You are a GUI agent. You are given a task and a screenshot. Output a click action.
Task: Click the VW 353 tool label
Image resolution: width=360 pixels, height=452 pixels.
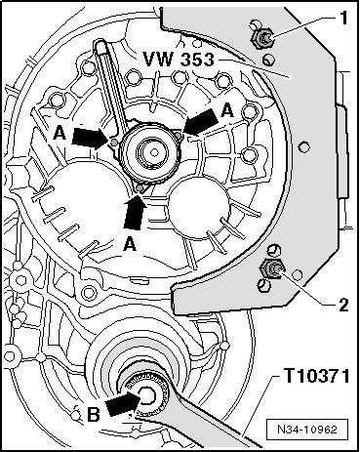pos(179,60)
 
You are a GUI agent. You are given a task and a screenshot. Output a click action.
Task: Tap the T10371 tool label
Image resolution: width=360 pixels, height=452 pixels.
pos(317,376)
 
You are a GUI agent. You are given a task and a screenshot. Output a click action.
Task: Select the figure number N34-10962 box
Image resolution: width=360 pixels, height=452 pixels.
pos(307,430)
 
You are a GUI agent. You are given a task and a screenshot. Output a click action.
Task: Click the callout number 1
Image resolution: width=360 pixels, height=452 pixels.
pos(342,18)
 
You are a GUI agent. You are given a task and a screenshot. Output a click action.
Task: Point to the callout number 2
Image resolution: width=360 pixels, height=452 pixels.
pos(343,305)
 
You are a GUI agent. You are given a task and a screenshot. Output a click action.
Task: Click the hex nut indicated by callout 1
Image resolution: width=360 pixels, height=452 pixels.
pos(262,39)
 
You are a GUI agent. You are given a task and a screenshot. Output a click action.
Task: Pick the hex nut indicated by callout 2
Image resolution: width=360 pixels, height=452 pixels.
pos(271,268)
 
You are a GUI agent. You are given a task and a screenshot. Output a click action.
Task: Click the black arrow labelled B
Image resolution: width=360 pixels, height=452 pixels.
pos(123,403)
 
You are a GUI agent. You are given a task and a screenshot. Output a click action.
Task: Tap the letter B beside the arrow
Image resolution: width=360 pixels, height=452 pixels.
pos(94,415)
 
